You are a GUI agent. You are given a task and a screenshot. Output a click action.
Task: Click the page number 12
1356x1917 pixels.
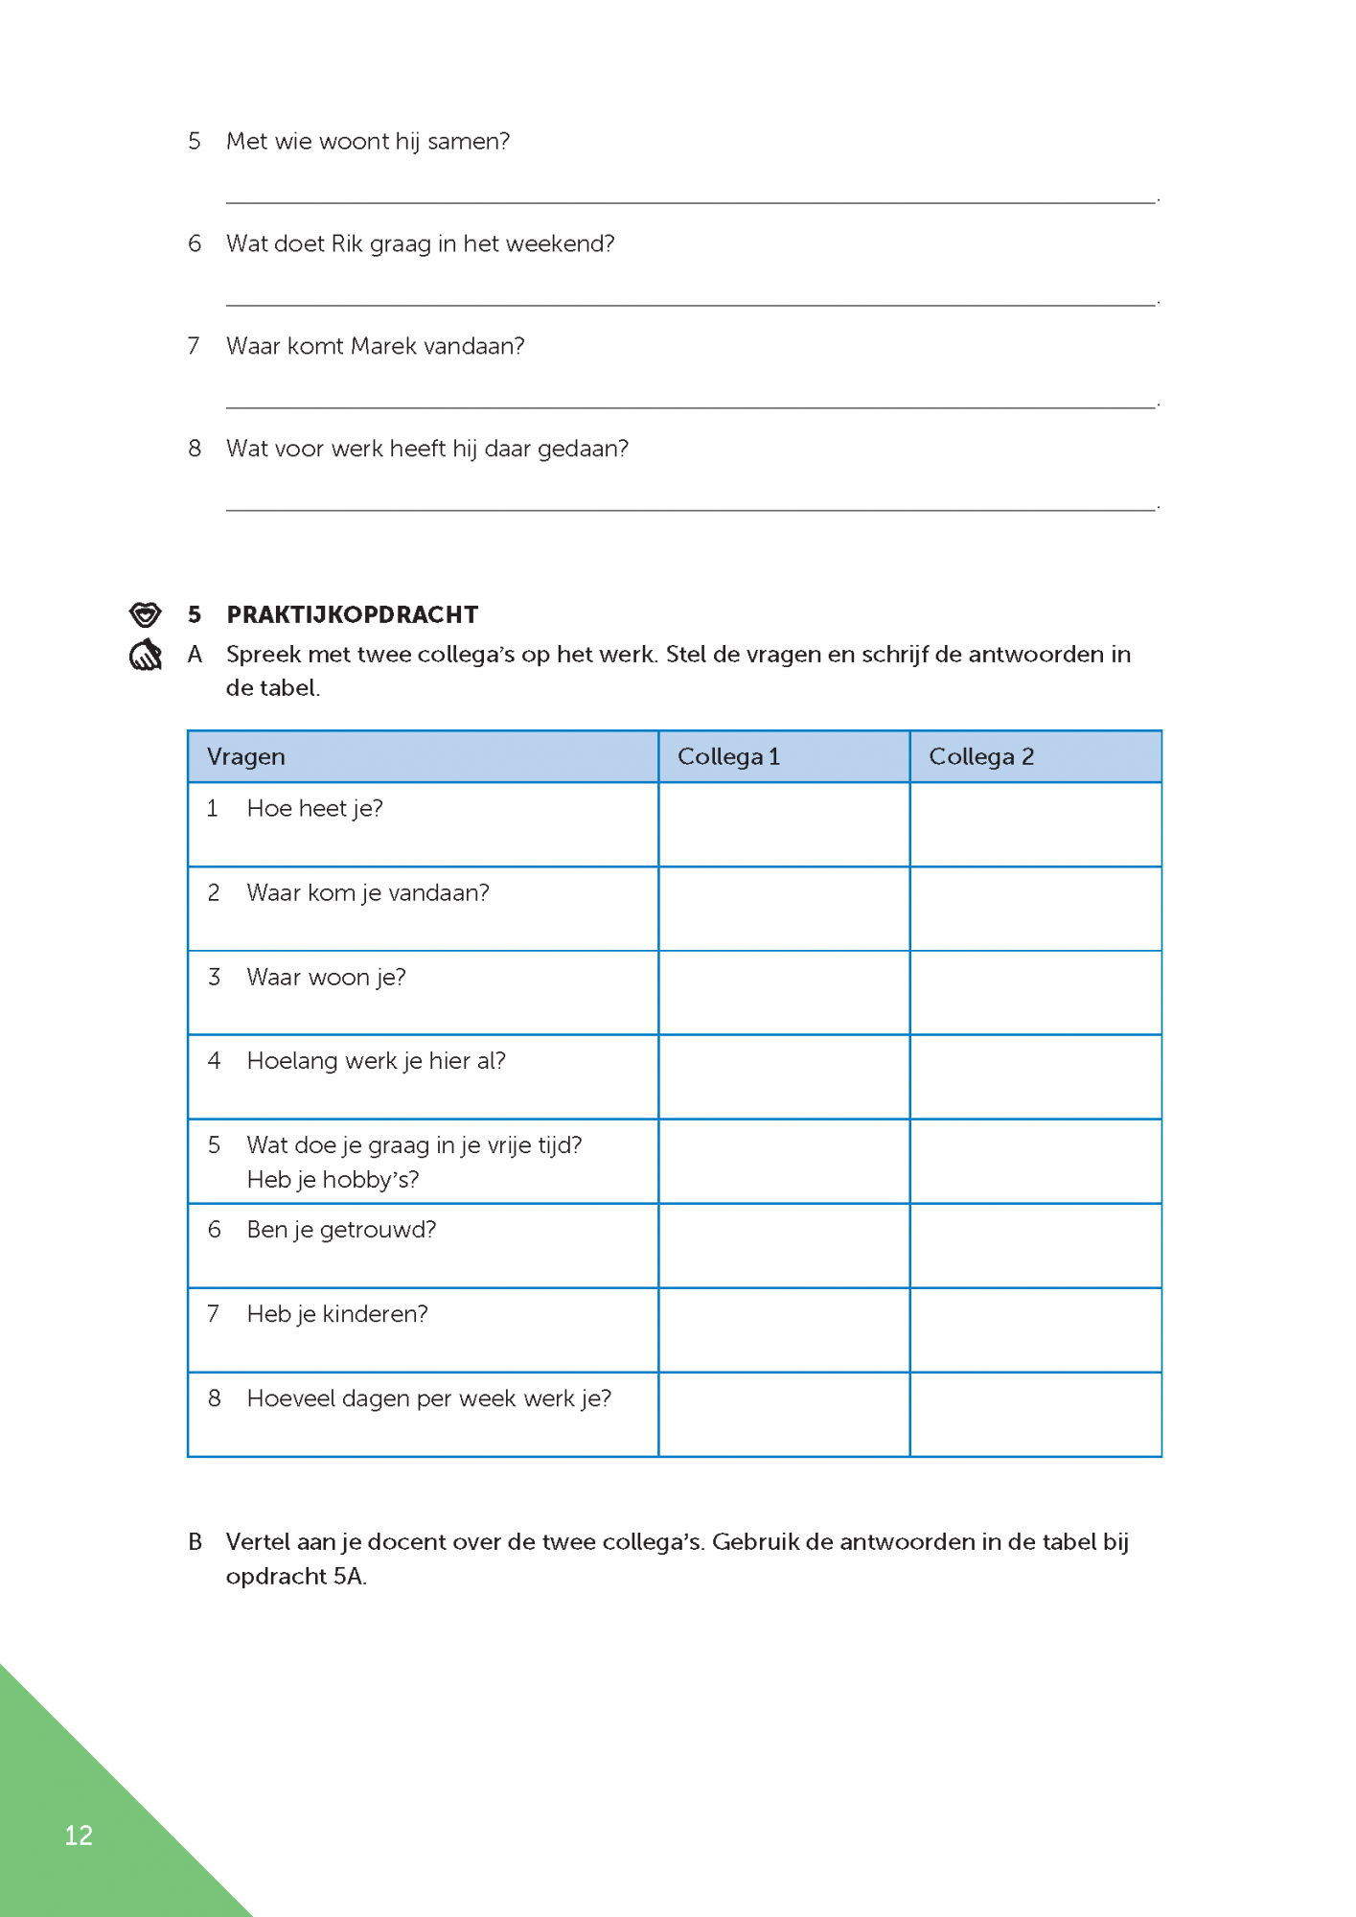coord(79,1835)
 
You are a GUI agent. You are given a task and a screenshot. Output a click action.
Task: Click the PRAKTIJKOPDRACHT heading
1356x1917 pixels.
coord(352,614)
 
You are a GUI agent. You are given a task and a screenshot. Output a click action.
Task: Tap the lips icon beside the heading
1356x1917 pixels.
coord(145,613)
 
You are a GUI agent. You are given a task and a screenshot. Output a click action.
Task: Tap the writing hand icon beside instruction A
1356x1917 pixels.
coord(146,656)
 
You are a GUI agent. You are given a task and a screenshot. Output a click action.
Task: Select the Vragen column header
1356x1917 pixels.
coord(246,756)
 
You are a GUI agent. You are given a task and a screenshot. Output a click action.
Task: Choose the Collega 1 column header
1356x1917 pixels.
coord(728,756)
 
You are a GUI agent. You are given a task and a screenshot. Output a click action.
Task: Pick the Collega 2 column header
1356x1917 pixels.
coord(981,756)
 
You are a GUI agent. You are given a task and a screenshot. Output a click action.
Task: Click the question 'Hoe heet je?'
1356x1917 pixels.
coord(314,808)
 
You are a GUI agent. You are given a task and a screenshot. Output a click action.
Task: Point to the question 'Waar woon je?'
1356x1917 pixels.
coord(326,977)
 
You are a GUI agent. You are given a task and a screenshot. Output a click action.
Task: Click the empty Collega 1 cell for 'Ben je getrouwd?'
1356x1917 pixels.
coord(784,1245)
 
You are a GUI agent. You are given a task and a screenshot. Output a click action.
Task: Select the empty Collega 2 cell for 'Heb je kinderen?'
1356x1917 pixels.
coord(1036,1329)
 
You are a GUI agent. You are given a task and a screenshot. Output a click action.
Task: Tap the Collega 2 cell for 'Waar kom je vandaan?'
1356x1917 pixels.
coord(1036,909)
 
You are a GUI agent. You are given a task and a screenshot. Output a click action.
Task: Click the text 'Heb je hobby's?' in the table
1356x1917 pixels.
coord(333,1179)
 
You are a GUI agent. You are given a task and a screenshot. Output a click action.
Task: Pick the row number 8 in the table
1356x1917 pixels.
coord(214,1398)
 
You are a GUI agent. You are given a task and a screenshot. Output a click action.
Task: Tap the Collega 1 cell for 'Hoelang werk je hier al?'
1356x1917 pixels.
coord(784,1076)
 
